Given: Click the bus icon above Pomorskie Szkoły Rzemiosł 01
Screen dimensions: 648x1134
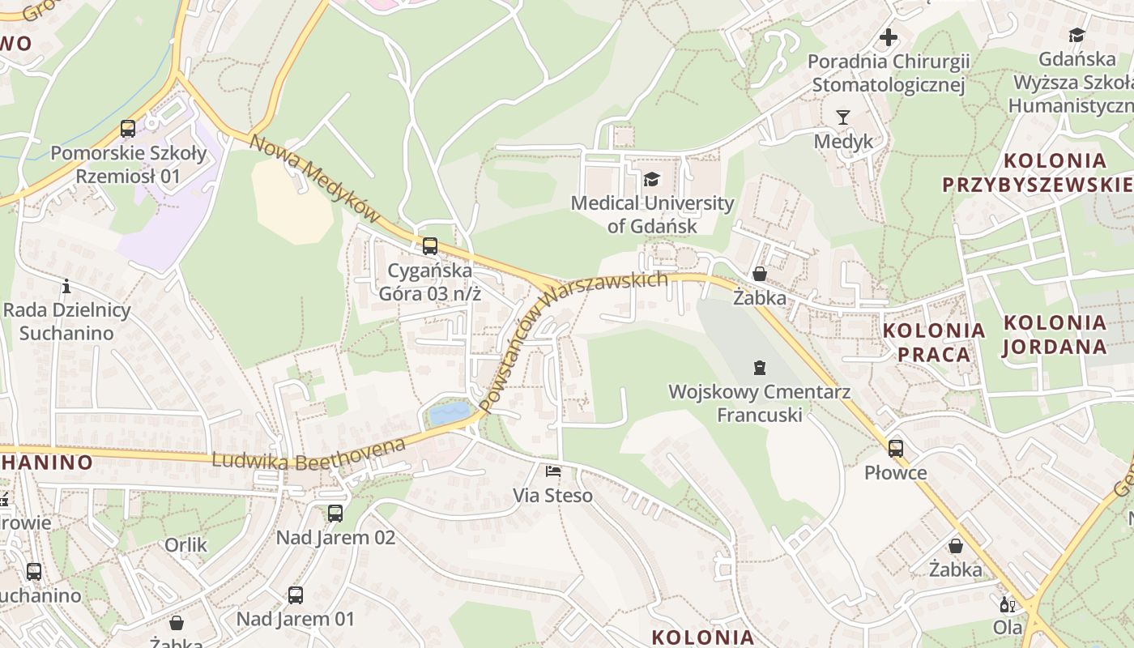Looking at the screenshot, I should [128, 128].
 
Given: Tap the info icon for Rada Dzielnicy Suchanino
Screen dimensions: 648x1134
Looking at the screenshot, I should [66, 286].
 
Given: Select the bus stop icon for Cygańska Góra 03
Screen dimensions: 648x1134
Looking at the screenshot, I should [430, 245].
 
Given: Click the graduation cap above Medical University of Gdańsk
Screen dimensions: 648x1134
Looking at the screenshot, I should [652, 179].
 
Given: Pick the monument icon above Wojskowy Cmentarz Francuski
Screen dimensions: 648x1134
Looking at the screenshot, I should [759, 368].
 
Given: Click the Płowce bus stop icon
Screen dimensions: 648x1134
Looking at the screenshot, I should [895, 448].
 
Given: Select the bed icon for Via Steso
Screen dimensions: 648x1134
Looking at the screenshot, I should [553, 471].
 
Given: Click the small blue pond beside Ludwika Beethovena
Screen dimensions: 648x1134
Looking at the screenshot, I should [450, 413].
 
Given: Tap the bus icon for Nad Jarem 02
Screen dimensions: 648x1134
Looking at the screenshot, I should [335, 513].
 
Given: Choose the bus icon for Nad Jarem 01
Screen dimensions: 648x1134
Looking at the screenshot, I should [296, 595].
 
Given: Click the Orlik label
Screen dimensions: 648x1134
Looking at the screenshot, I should [186, 544].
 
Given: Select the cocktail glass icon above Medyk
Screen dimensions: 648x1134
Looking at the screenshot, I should [843, 117].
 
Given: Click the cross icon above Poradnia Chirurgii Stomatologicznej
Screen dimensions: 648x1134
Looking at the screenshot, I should [889, 37].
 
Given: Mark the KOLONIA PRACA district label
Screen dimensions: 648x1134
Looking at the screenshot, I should [934, 342].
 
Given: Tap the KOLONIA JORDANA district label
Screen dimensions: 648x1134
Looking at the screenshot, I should [1054, 335].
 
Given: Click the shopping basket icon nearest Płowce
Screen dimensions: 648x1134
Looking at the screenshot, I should [956, 546].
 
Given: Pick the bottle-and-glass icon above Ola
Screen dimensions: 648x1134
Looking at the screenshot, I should [1007, 604].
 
